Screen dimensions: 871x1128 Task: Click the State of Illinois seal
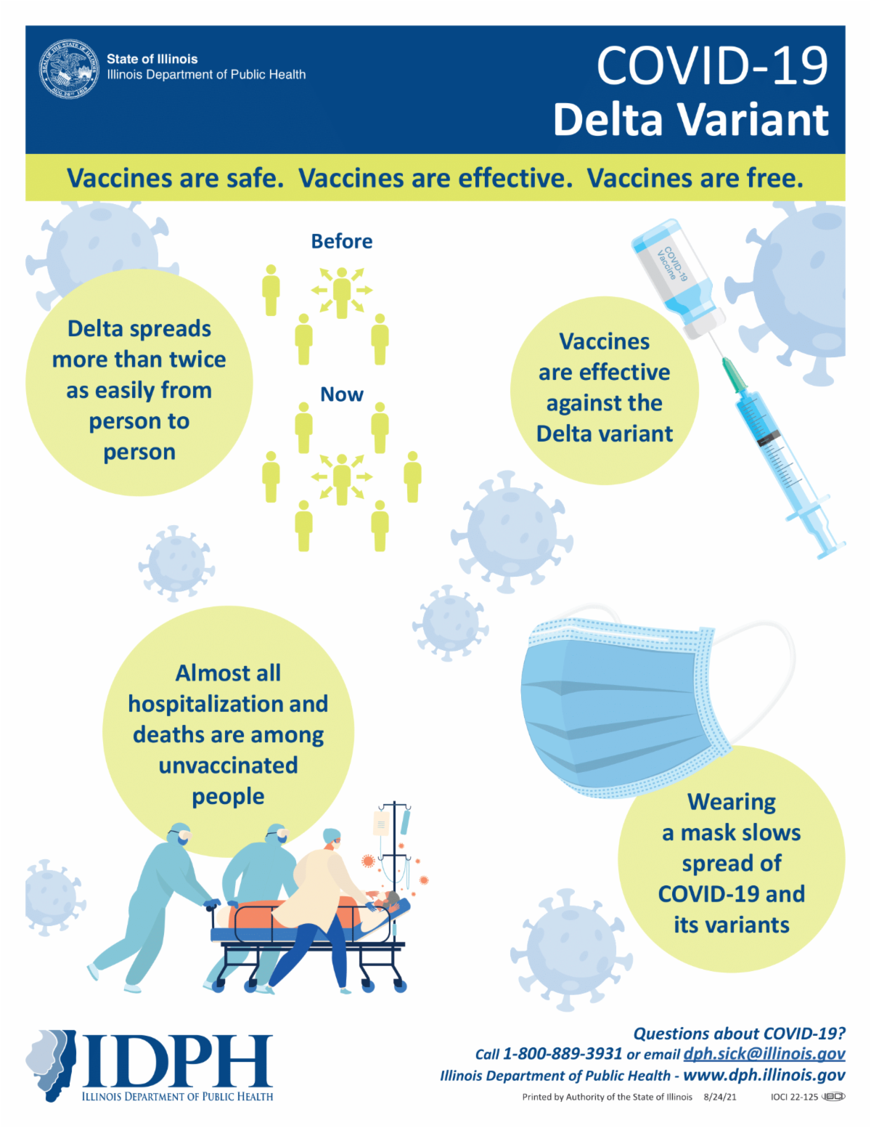[x=69, y=68]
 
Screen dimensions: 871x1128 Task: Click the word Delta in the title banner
[x=608, y=120]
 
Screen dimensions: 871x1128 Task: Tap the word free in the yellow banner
[x=774, y=178]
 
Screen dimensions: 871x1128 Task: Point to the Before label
[x=341, y=241]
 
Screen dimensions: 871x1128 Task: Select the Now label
[x=341, y=394]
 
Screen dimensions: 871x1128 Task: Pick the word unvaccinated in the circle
[x=228, y=765]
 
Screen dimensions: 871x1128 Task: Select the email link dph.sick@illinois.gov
[x=764, y=1053]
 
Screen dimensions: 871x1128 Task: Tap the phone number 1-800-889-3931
[x=563, y=1053]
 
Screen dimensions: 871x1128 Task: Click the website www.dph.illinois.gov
[x=764, y=1075]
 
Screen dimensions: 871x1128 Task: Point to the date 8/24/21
[x=719, y=1097]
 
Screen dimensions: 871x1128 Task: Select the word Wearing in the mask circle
[x=732, y=803]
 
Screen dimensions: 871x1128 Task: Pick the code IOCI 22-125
[x=794, y=1097]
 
